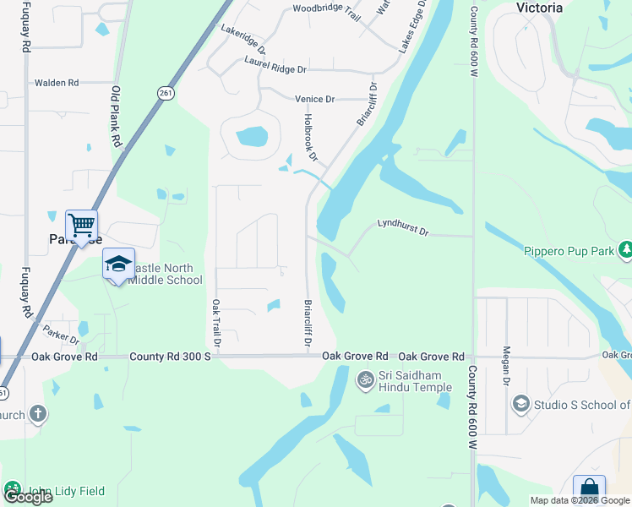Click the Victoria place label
(x=539, y=8)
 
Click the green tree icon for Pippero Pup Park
(x=625, y=250)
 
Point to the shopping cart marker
(x=81, y=226)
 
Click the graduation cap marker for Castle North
(x=118, y=264)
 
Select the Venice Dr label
(x=314, y=99)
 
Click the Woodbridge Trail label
(x=326, y=13)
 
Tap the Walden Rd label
(x=56, y=83)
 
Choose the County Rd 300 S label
(x=168, y=357)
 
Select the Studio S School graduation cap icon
(x=520, y=405)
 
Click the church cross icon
(x=36, y=413)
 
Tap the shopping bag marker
(x=589, y=491)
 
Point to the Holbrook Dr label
(x=311, y=138)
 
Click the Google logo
(x=28, y=496)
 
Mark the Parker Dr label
(x=61, y=334)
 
